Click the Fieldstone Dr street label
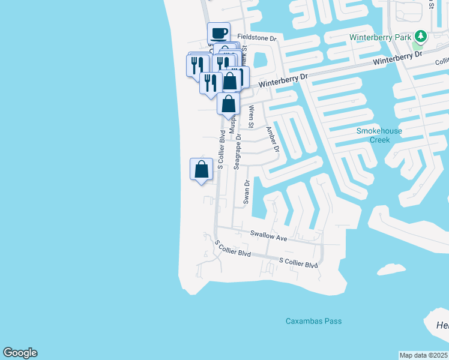click(257, 37)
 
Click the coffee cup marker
click(219, 33)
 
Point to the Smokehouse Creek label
click(379, 135)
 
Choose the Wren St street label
click(252, 117)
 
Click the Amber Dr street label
click(272, 139)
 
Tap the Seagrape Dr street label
click(238, 149)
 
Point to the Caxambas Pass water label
click(313, 321)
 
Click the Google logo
click(20, 353)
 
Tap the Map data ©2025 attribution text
click(424, 355)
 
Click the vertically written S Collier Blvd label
click(221, 149)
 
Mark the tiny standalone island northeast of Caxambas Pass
click(391, 269)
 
